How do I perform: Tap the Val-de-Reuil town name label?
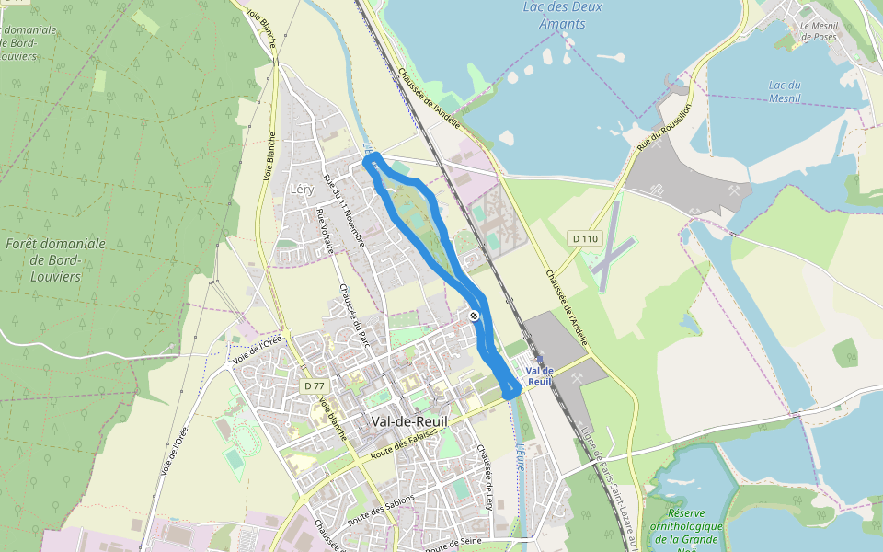click(409, 421)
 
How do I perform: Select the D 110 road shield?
click(584, 238)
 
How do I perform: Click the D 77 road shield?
click(314, 385)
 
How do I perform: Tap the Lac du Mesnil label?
click(784, 91)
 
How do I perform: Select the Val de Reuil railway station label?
click(540, 375)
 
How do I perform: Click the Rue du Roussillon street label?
click(663, 127)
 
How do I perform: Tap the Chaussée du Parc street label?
click(347, 306)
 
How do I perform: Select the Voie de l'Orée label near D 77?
click(257, 346)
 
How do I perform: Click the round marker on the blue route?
click(474, 316)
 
